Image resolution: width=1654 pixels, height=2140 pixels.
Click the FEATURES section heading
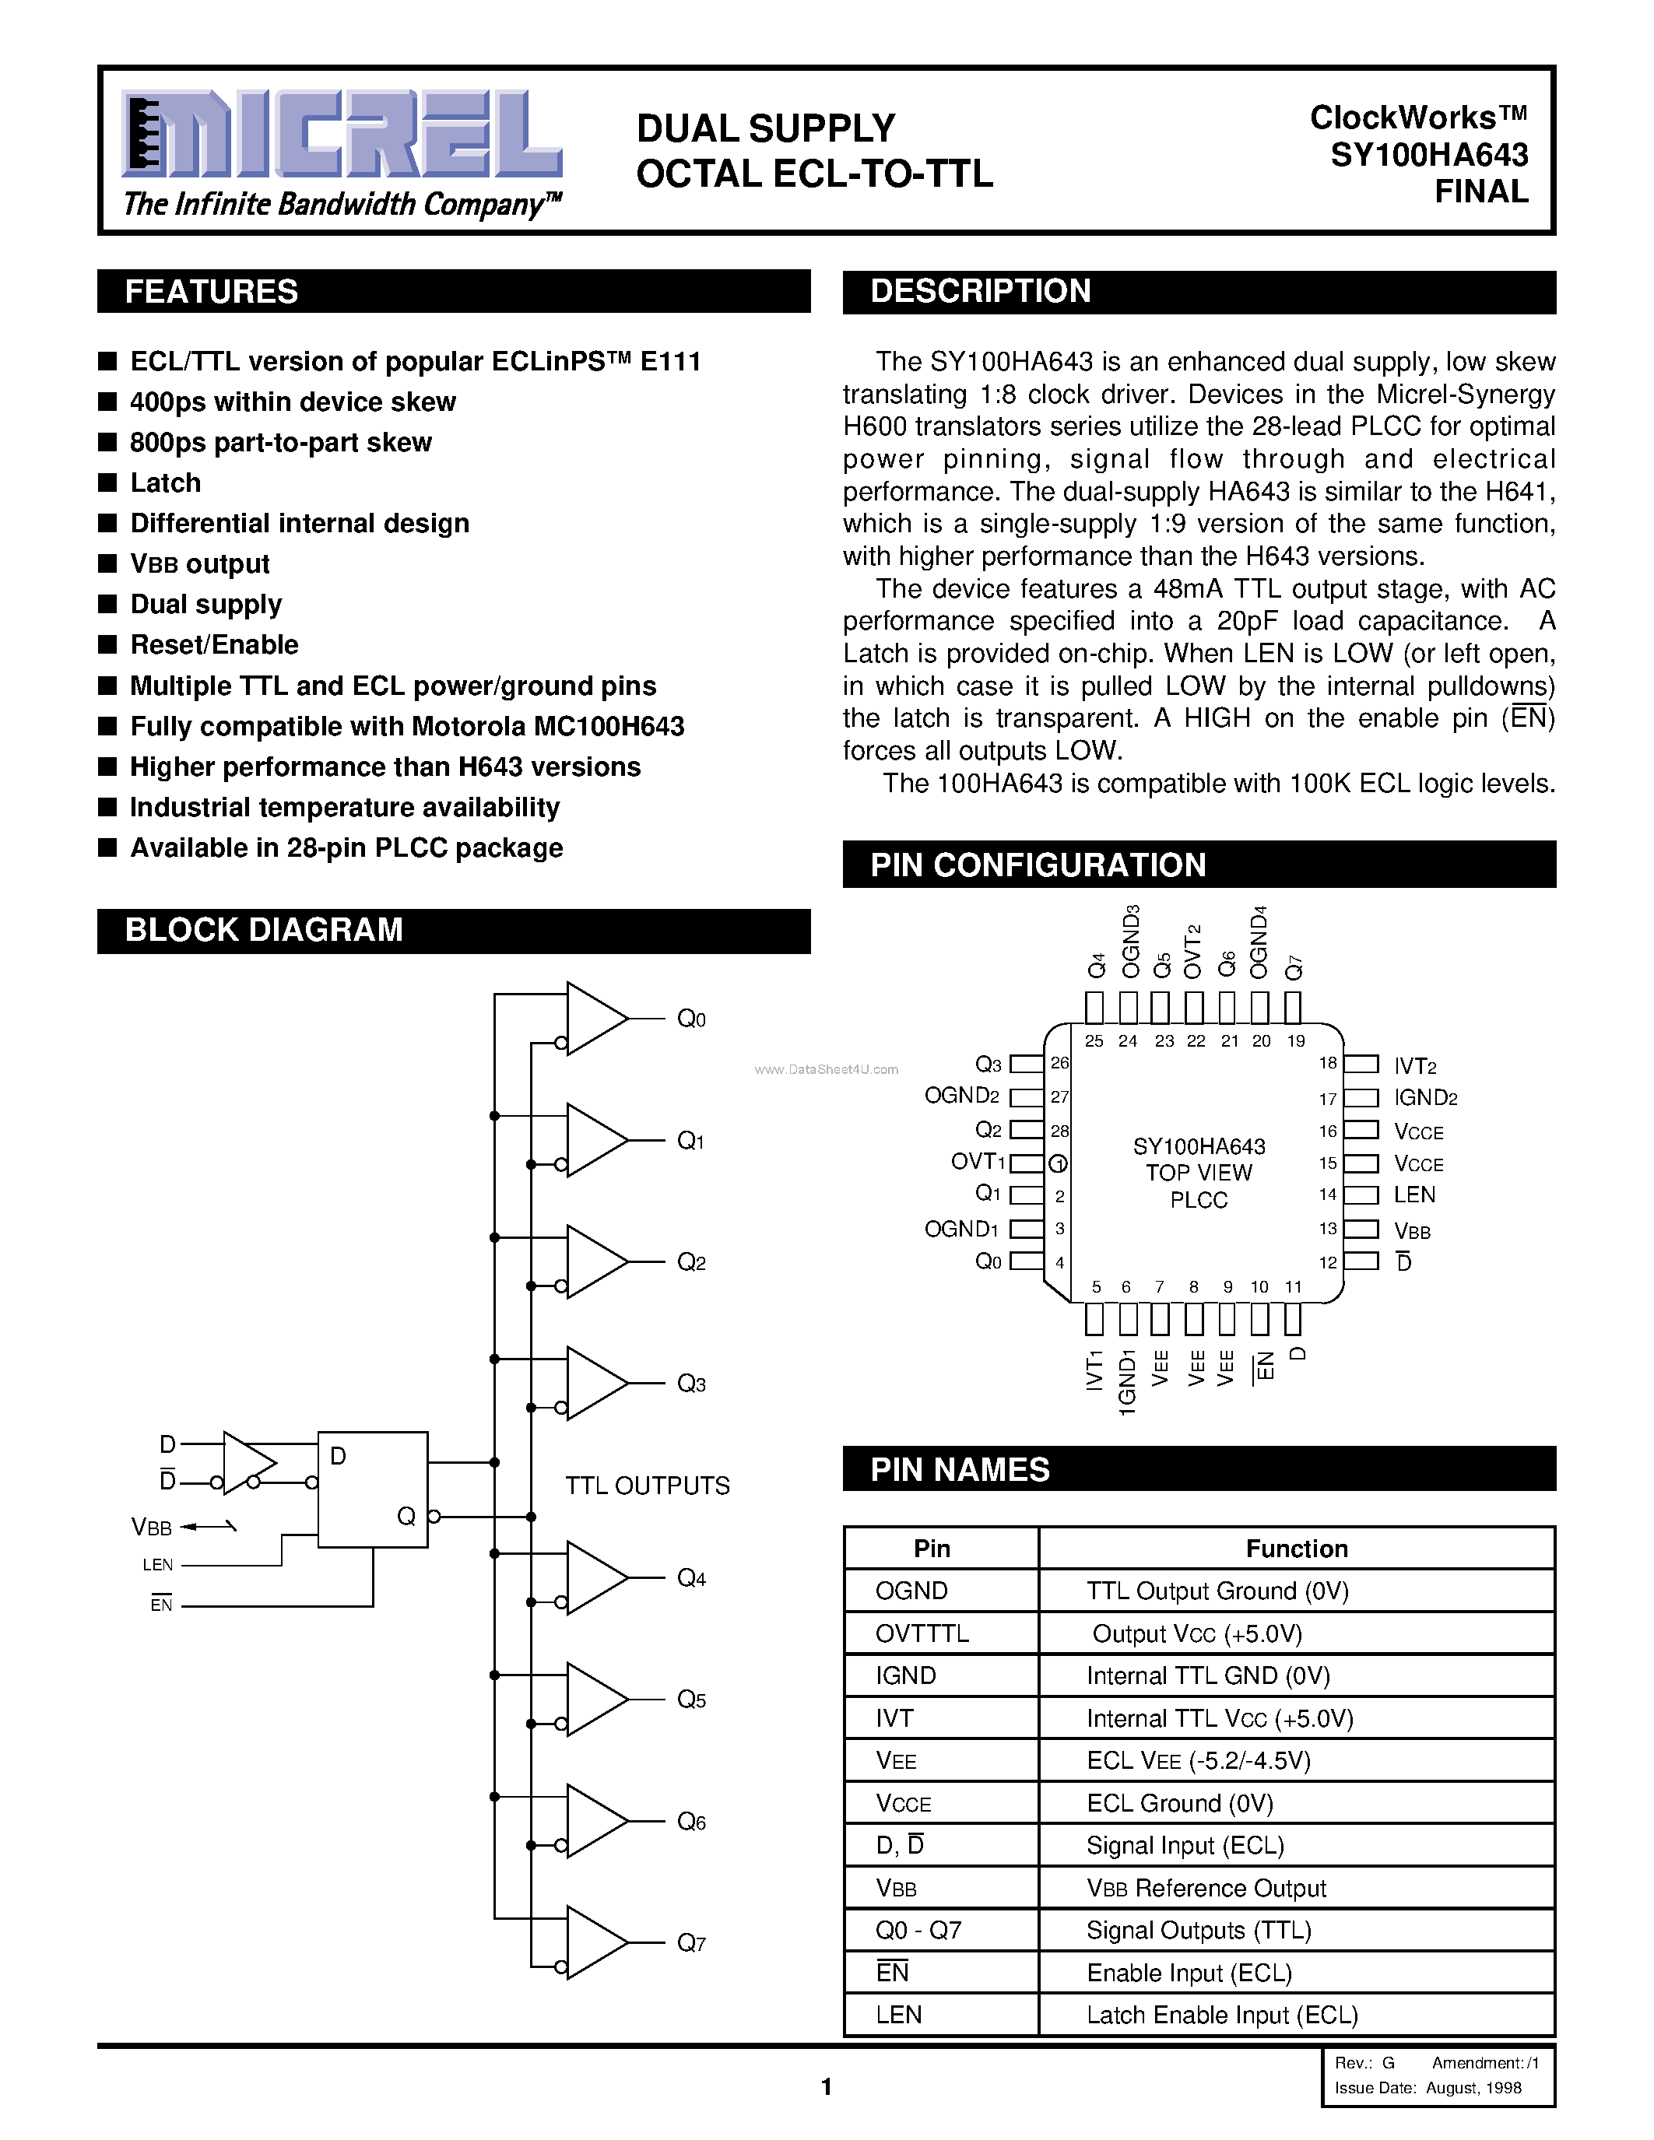[212, 292]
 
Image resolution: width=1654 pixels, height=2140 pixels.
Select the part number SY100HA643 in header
[1428, 155]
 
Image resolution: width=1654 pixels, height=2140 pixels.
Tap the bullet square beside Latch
[107, 482]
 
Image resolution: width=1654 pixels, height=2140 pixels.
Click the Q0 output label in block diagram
[691, 1019]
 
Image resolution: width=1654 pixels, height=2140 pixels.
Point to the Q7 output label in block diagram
[691, 1943]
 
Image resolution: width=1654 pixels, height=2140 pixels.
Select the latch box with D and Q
[372, 1489]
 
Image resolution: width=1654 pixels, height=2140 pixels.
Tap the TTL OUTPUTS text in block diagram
[647, 1486]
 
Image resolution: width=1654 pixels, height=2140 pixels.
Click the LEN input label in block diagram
[158, 1565]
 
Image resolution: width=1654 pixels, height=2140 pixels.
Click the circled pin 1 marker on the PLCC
[1059, 1164]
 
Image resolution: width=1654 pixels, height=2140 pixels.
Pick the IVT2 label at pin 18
[1415, 1066]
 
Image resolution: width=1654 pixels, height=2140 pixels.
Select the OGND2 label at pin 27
[961, 1096]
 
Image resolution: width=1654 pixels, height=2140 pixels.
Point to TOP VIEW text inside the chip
[1199, 1173]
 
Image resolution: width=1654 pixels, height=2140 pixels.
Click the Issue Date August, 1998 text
[1427, 2087]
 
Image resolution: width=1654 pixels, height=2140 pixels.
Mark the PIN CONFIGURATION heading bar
[1199, 865]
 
